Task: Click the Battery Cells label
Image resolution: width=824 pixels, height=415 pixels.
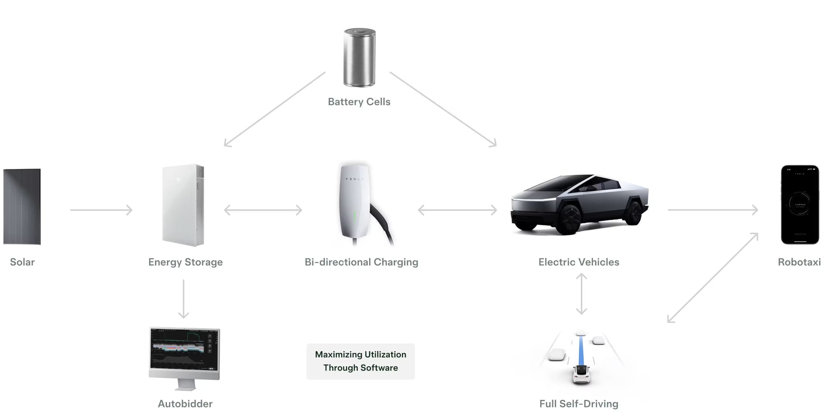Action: [359, 102]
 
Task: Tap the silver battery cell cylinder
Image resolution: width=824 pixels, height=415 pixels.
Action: [359, 57]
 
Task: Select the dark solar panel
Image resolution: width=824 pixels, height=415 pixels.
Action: [22, 206]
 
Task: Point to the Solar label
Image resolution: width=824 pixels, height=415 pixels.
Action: [22, 262]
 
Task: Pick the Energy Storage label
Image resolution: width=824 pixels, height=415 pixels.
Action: [185, 262]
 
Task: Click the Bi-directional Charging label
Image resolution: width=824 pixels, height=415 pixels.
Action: [361, 262]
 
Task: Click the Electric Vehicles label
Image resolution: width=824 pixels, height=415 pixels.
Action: [578, 262]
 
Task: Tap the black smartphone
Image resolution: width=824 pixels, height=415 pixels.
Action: [800, 205]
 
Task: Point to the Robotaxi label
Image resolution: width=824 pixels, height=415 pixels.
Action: [799, 262]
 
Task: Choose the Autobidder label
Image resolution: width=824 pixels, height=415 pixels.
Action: [185, 404]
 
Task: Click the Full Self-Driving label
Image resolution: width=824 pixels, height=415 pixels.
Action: [578, 404]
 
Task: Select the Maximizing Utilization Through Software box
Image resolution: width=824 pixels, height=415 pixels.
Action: [360, 361]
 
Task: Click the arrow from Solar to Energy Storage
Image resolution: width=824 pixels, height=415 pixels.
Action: [101, 210]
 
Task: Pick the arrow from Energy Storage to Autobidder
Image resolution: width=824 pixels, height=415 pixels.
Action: [183, 299]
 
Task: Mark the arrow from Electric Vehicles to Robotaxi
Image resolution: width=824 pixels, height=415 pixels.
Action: [713, 210]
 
